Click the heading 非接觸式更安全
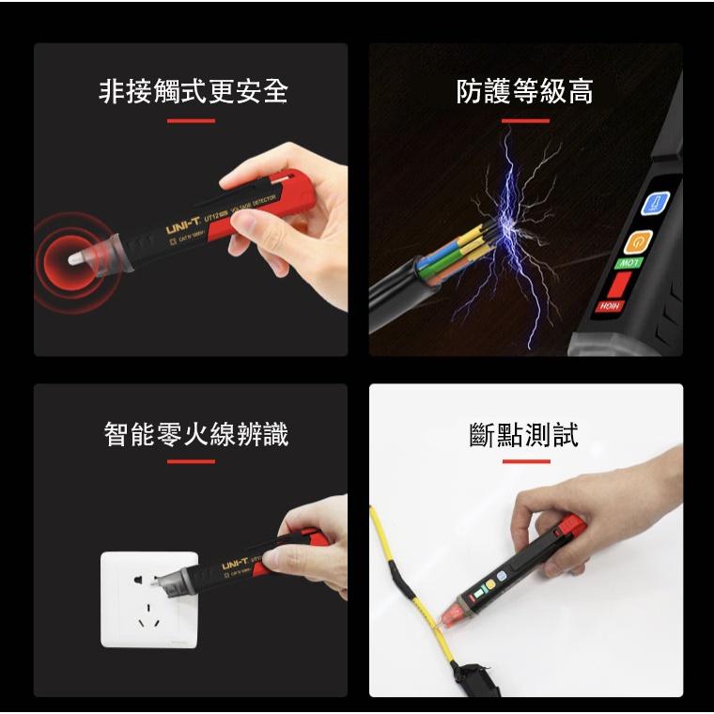pos(193,91)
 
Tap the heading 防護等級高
pos(524,91)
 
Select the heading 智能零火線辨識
pos(195,434)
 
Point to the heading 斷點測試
pos(524,435)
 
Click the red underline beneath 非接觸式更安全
pos(191,121)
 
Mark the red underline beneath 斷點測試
pos(525,461)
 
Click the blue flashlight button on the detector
pos(654,204)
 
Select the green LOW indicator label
pos(628,263)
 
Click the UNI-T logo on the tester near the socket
pos(235,563)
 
